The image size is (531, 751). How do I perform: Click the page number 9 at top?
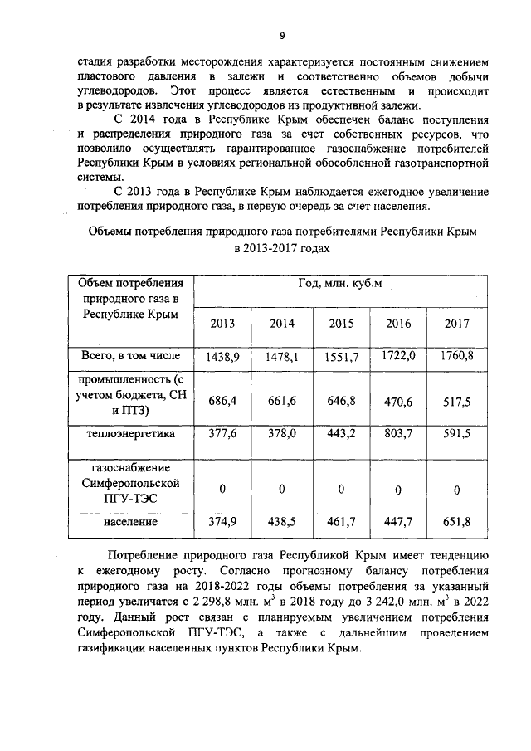(281, 35)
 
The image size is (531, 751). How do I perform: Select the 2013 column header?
(222, 323)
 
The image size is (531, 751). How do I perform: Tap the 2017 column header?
(458, 323)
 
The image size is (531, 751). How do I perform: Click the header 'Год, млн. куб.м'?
(340, 285)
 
